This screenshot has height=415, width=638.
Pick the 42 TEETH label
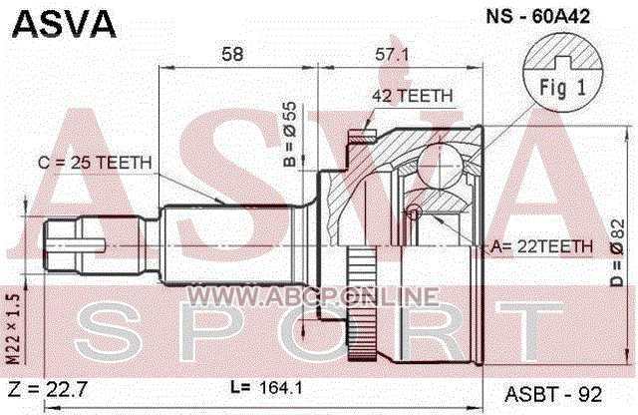(412, 96)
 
